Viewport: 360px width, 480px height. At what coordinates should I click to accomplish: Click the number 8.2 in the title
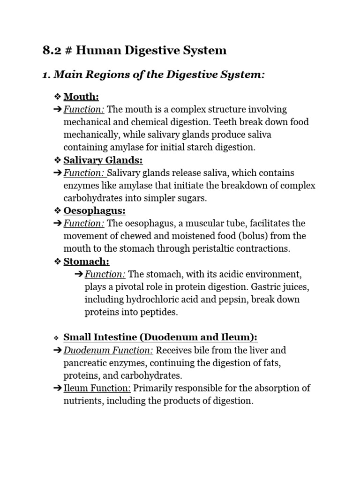coord(52,50)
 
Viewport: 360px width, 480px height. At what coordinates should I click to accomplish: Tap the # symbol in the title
coord(68,50)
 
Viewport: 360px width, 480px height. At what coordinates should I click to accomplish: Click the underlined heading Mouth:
coord(81,97)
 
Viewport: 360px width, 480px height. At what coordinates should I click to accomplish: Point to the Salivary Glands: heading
coord(103,160)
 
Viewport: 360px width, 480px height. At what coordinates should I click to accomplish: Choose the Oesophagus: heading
coord(94,211)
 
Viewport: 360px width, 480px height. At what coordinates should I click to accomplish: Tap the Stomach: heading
coord(86,262)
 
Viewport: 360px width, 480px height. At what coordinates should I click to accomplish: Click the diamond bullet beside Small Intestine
coord(57,338)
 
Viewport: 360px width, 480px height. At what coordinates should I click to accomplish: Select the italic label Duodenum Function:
coord(108,350)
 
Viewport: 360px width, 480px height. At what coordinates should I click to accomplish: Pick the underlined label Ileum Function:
coord(97,388)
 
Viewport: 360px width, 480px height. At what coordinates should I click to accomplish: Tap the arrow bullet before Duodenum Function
coord(57,350)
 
